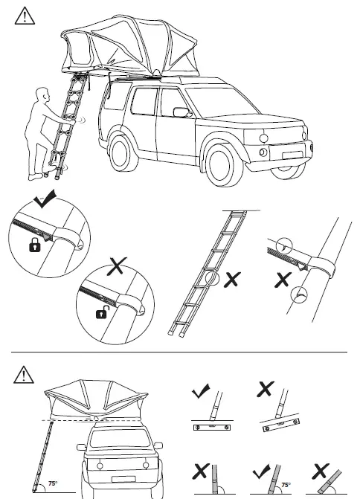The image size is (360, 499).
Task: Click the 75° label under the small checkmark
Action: click(x=286, y=484)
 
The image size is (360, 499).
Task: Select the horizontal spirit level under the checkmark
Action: click(x=208, y=428)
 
